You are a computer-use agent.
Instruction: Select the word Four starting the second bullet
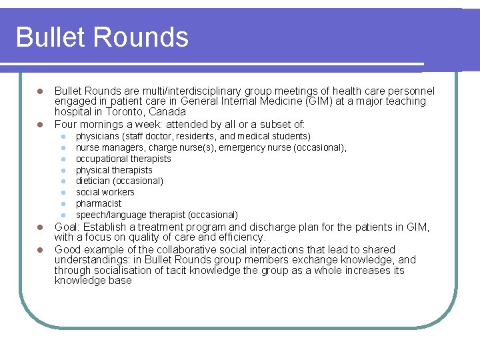[x=66, y=124]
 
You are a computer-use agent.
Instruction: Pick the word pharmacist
[x=99, y=204]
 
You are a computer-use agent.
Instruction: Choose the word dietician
[x=94, y=181]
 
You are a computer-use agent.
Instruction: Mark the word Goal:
[x=68, y=227]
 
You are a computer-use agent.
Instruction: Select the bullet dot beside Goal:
[x=40, y=227]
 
